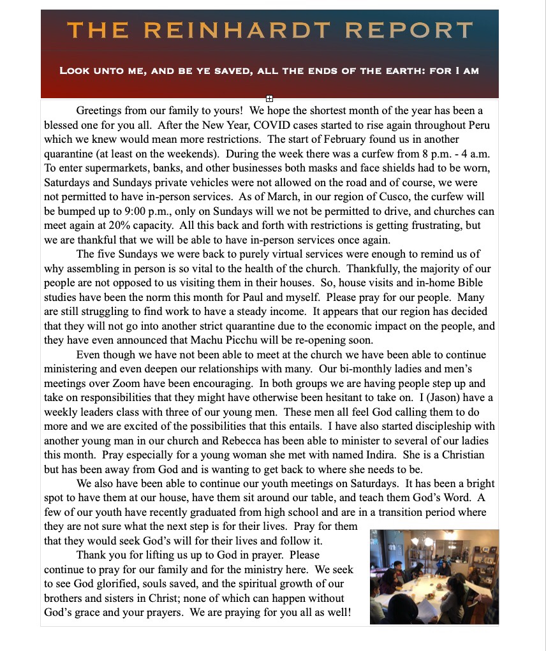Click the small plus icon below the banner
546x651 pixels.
point(269,98)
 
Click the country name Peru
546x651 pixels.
point(476,125)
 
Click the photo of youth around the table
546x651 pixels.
point(434,576)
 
